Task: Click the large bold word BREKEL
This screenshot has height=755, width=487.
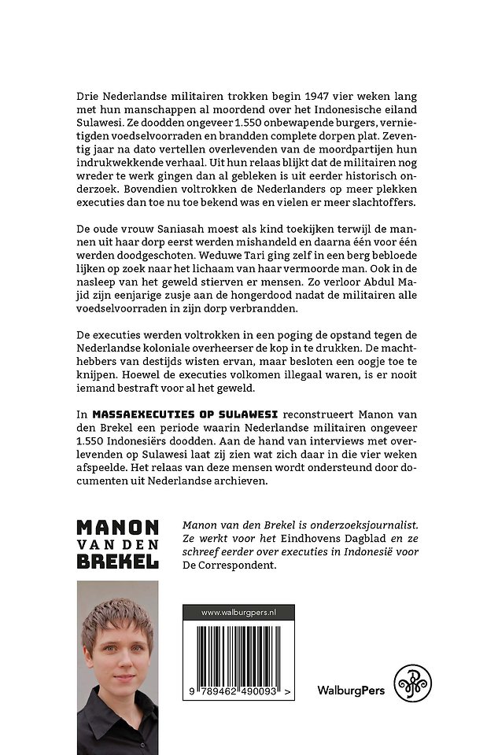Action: coord(118,562)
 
